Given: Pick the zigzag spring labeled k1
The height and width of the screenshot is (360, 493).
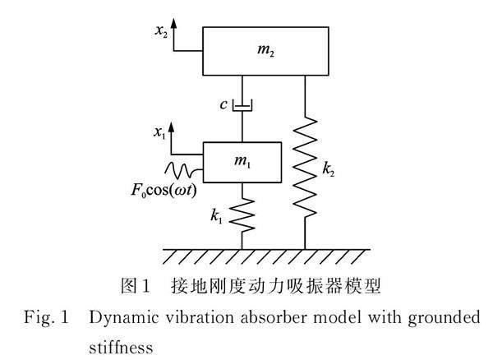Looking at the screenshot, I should click(x=242, y=216).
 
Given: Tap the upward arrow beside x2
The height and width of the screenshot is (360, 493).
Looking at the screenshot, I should click(x=174, y=37).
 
